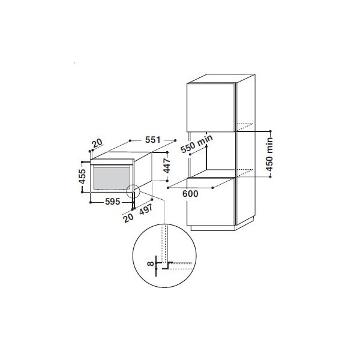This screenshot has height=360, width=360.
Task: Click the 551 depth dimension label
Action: point(152,140)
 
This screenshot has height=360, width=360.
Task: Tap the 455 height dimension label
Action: point(82,176)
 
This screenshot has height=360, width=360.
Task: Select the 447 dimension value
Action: point(167,166)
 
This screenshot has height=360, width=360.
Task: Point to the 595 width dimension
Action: point(113,202)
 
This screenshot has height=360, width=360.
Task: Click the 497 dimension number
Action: point(146,209)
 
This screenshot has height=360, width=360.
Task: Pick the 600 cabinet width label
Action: point(190,194)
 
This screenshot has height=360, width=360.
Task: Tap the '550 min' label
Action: point(197,144)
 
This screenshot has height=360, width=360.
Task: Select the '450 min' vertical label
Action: point(269,154)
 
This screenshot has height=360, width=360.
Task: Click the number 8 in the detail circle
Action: point(151,263)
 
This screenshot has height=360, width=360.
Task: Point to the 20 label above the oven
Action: point(97,143)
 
